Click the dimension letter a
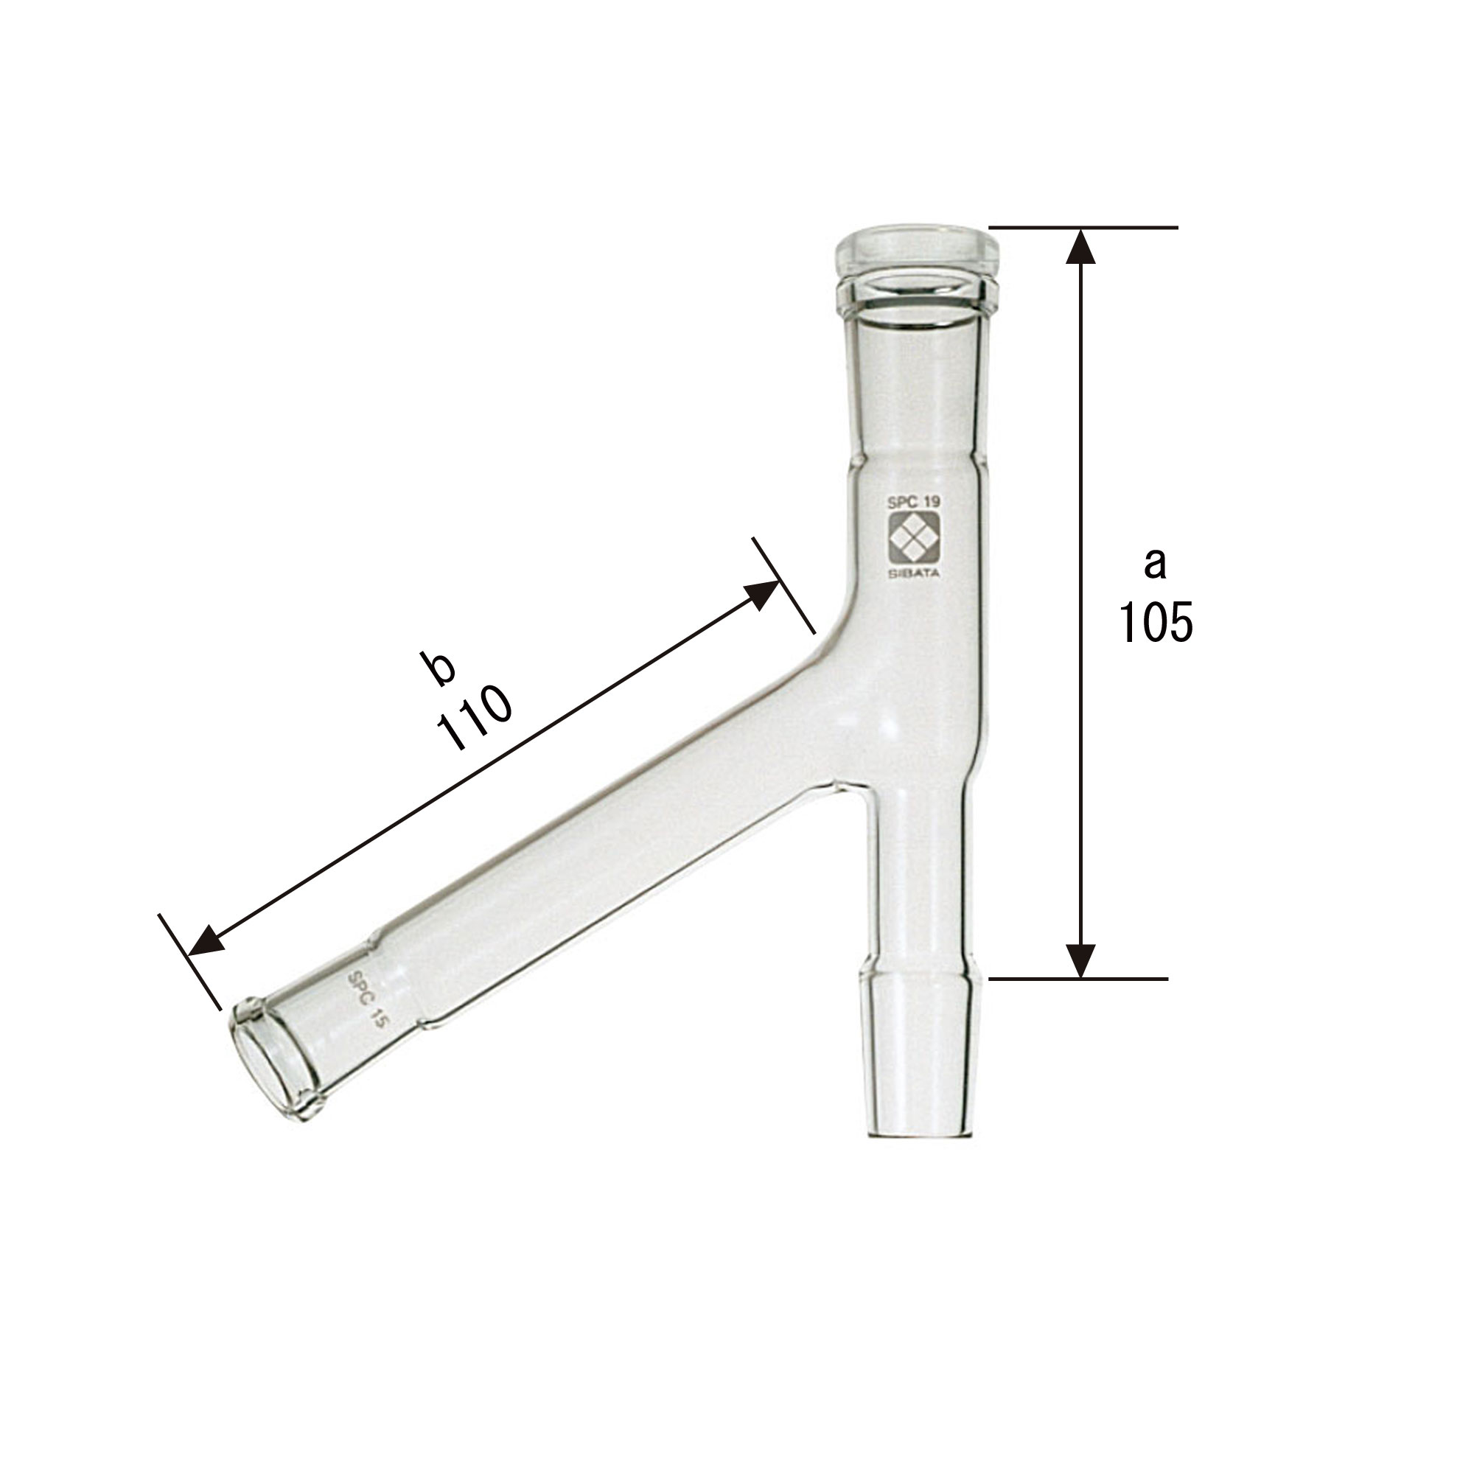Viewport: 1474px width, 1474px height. coord(1155,564)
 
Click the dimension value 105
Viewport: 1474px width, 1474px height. coord(1156,622)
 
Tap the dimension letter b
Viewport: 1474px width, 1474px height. coord(441,668)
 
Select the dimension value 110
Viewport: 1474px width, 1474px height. coord(474,718)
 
